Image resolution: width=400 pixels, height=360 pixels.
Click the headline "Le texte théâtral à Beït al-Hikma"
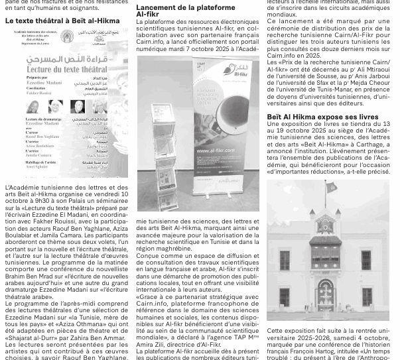62,21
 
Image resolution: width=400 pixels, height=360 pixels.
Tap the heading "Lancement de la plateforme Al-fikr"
178,10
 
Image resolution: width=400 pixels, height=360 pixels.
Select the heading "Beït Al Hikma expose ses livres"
313,117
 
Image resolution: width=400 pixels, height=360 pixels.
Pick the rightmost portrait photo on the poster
93,107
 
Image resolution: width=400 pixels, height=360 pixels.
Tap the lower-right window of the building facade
366,297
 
